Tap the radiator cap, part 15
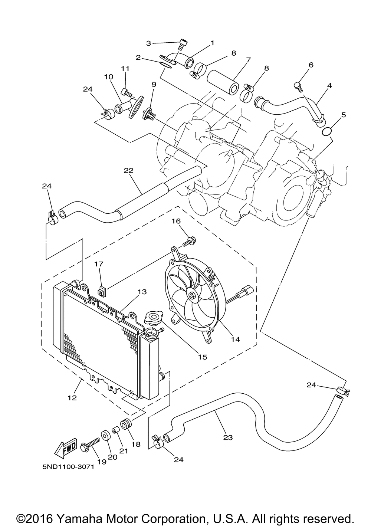[x=152, y=318]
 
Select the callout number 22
[x=128, y=170]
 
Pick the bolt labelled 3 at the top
[x=181, y=44]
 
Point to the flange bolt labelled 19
[x=89, y=443]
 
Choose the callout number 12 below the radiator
[x=72, y=397]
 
